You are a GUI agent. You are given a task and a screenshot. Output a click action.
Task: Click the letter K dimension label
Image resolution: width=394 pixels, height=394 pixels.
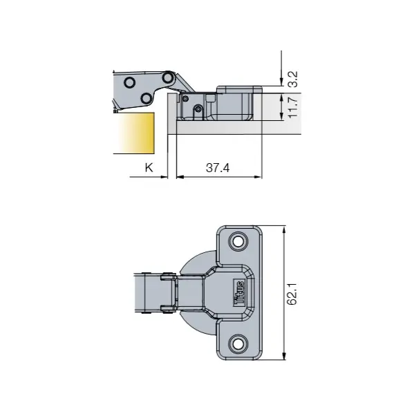coord(147,167)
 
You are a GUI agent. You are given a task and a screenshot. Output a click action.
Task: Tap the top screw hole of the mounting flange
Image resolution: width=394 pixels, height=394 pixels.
coord(239,241)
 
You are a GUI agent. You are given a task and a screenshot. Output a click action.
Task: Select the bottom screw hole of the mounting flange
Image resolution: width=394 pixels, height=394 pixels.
coord(239,344)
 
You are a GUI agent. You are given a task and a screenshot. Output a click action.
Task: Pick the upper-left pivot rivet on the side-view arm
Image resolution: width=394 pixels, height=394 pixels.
coord(129,82)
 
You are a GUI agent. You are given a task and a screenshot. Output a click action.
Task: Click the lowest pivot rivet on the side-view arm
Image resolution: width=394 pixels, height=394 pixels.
coord(146,99)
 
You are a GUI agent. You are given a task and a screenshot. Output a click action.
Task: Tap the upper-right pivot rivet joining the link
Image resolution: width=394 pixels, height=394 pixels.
coord(167,77)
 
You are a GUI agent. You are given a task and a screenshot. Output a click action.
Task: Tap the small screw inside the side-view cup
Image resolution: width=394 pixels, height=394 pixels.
coord(198,109)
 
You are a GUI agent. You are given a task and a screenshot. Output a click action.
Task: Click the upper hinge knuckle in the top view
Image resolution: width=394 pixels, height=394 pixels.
coord(167,277)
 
